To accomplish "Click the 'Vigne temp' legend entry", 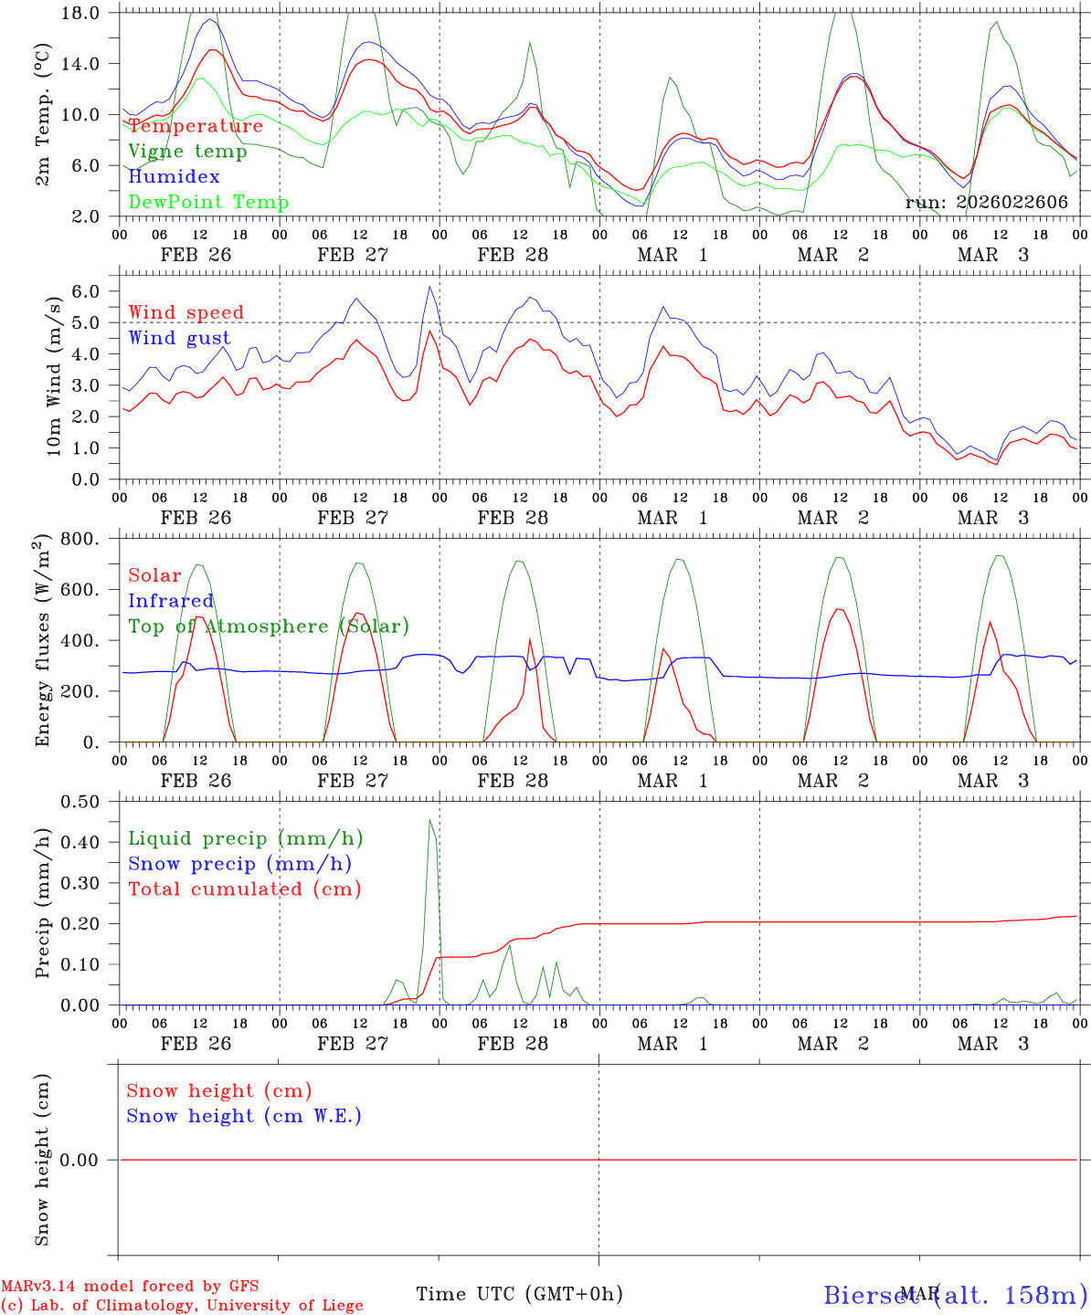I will pyautogui.click(x=187, y=152).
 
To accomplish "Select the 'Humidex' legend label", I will pyautogui.click(x=174, y=176).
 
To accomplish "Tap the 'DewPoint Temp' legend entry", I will pyautogui.click(x=208, y=202).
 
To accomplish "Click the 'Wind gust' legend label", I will pyautogui.click(x=179, y=338).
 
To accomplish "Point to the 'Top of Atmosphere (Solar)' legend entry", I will pyautogui.click(x=268, y=626).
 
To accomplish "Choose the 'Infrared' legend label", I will pyautogui.click(x=171, y=601).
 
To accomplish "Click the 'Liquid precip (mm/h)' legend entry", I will pyautogui.click(x=245, y=838).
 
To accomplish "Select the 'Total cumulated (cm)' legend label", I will pyautogui.click(x=244, y=889).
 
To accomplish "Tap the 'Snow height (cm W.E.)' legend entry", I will pyautogui.click(x=243, y=1116).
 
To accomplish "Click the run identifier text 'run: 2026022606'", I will pyautogui.click(x=986, y=203).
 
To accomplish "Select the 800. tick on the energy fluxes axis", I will pyautogui.click(x=86, y=539).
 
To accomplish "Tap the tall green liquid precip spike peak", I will pyautogui.click(x=430, y=820).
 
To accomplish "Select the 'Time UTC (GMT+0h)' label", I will pyautogui.click(x=519, y=1294).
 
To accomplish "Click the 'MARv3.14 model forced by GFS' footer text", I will pyautogui.click(x=130, y=1287).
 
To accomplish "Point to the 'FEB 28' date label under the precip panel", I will pyautogui.click(x=513, y=1044).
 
